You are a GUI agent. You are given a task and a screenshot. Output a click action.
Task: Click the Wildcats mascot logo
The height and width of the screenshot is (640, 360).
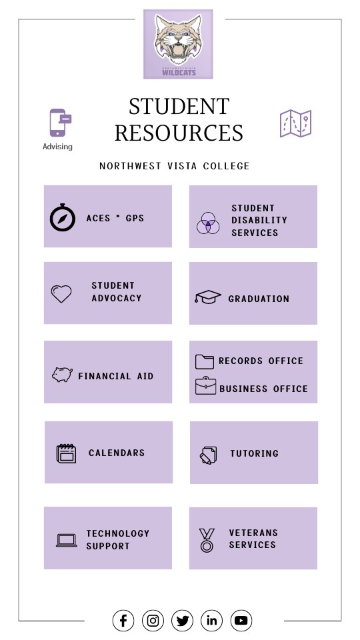[178, 44]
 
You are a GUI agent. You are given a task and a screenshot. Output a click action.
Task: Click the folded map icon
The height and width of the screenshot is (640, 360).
[295, 124]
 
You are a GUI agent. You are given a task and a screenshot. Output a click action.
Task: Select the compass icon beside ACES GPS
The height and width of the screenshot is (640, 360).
[63, 218]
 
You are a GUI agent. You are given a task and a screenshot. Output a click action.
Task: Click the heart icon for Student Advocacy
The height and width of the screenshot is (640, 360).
[61, 294]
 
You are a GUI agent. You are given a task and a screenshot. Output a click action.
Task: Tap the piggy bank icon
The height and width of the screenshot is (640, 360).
[62, 375]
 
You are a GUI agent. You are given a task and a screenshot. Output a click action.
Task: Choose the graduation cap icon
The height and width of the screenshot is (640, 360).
[208, 297]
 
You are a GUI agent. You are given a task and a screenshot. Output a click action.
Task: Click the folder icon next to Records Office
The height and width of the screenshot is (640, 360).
[205, 361]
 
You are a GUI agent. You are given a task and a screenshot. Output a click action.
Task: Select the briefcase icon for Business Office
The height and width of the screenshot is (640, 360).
[205, 387]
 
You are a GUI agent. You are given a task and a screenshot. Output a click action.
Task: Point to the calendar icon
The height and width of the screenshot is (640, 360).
[66, 453]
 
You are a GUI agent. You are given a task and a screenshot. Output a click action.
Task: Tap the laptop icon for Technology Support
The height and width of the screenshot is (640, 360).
[67, 540]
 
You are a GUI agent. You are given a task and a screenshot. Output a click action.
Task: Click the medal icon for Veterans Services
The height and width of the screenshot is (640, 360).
[207, 540]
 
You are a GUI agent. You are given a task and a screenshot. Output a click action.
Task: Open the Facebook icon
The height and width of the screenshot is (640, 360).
[123, 621]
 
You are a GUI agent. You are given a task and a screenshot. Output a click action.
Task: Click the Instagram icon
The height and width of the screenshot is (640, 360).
[153, 621]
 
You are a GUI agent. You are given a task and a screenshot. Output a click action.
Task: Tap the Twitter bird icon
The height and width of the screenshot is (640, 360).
[182, 621]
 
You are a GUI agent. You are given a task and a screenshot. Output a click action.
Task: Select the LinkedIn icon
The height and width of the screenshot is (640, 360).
[212, 621]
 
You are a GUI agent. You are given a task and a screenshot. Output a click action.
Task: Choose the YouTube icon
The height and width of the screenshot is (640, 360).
[241, 621]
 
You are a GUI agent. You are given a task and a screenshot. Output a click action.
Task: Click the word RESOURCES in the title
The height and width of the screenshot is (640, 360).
[179, 133]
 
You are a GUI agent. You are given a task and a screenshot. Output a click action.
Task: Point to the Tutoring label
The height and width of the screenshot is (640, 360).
[254, 453]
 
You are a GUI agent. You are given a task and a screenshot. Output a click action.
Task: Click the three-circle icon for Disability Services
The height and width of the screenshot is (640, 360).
[208, 223]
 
